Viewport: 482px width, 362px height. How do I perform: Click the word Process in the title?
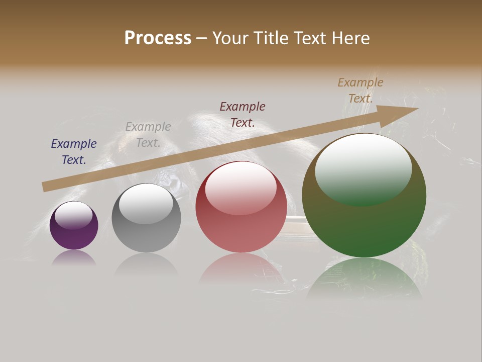coord(158,38)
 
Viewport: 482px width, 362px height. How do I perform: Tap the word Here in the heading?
coord(350,38)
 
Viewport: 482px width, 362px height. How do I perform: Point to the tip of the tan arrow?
coord(417,109)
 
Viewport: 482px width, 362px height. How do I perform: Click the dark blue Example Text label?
coord(74,152)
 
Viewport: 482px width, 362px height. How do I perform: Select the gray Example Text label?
coord(148,135)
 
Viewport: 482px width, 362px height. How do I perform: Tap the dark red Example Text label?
coord(243,114)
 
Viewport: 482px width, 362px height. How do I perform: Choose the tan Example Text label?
coord(360,90)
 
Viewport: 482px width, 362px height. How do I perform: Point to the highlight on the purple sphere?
coord(73,215)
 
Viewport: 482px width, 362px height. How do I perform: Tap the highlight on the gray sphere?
coord(146,202)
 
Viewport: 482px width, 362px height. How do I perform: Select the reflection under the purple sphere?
coord(74,257)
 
